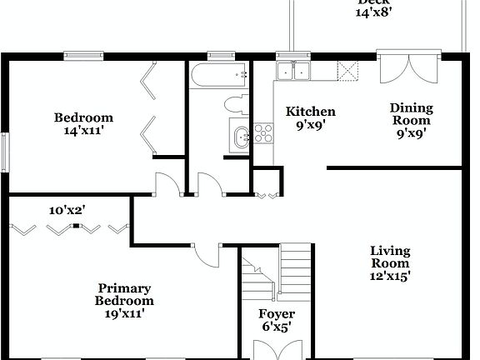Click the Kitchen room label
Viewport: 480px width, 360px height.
point(310,112)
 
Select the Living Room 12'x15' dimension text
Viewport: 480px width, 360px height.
point(390,276)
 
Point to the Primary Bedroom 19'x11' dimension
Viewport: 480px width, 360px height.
point(123,314)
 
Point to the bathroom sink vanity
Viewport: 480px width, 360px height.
point(239,136)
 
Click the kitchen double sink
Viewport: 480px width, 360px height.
point(292,72)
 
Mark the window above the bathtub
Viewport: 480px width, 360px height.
point(220,56)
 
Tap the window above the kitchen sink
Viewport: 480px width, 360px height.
point(292,56)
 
